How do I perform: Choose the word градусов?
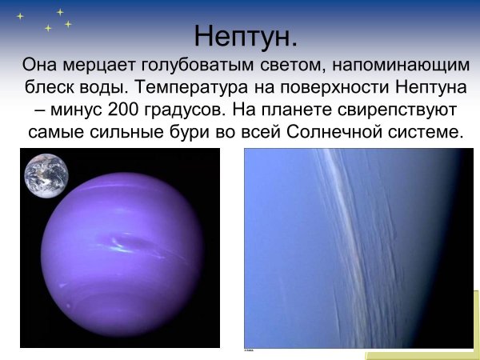pos(185,109)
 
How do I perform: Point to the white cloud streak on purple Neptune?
pos(129,244)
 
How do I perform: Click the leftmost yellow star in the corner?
pos(21,16)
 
